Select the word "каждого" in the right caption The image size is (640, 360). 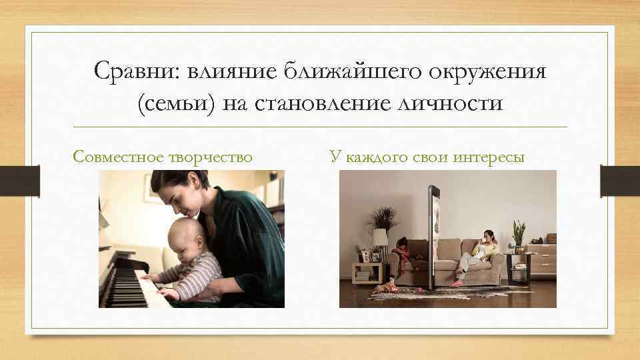pos(380,157)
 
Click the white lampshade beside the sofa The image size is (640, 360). pos(381,237)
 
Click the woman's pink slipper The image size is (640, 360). pos(457,283)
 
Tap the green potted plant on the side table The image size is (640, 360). pos(518,235)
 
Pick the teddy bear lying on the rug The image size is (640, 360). pos(385,289)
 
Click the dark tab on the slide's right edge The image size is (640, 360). pos(620,181)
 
